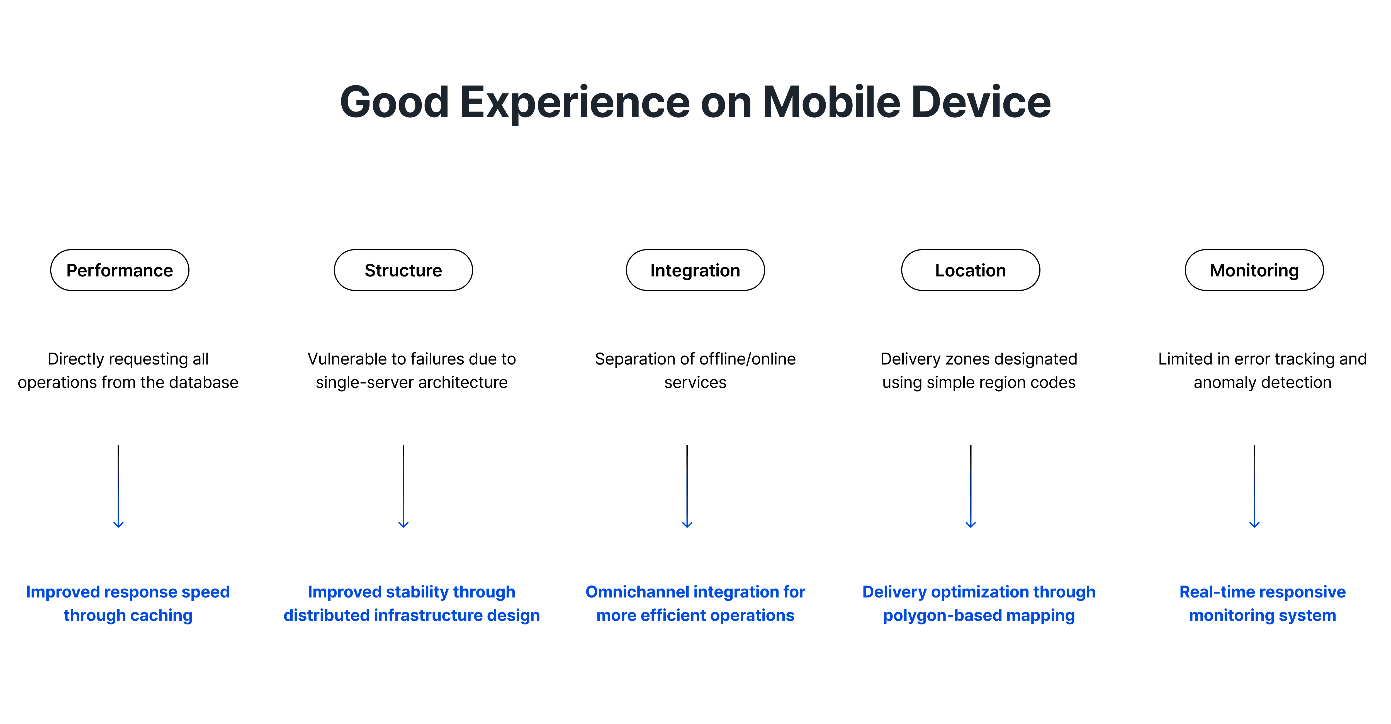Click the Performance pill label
pos(119,270)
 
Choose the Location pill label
pos(970,270)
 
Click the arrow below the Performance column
pos(118,486)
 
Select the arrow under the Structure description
pos(403,486)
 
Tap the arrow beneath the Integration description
pos(687,486)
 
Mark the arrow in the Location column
pos(970,486)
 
